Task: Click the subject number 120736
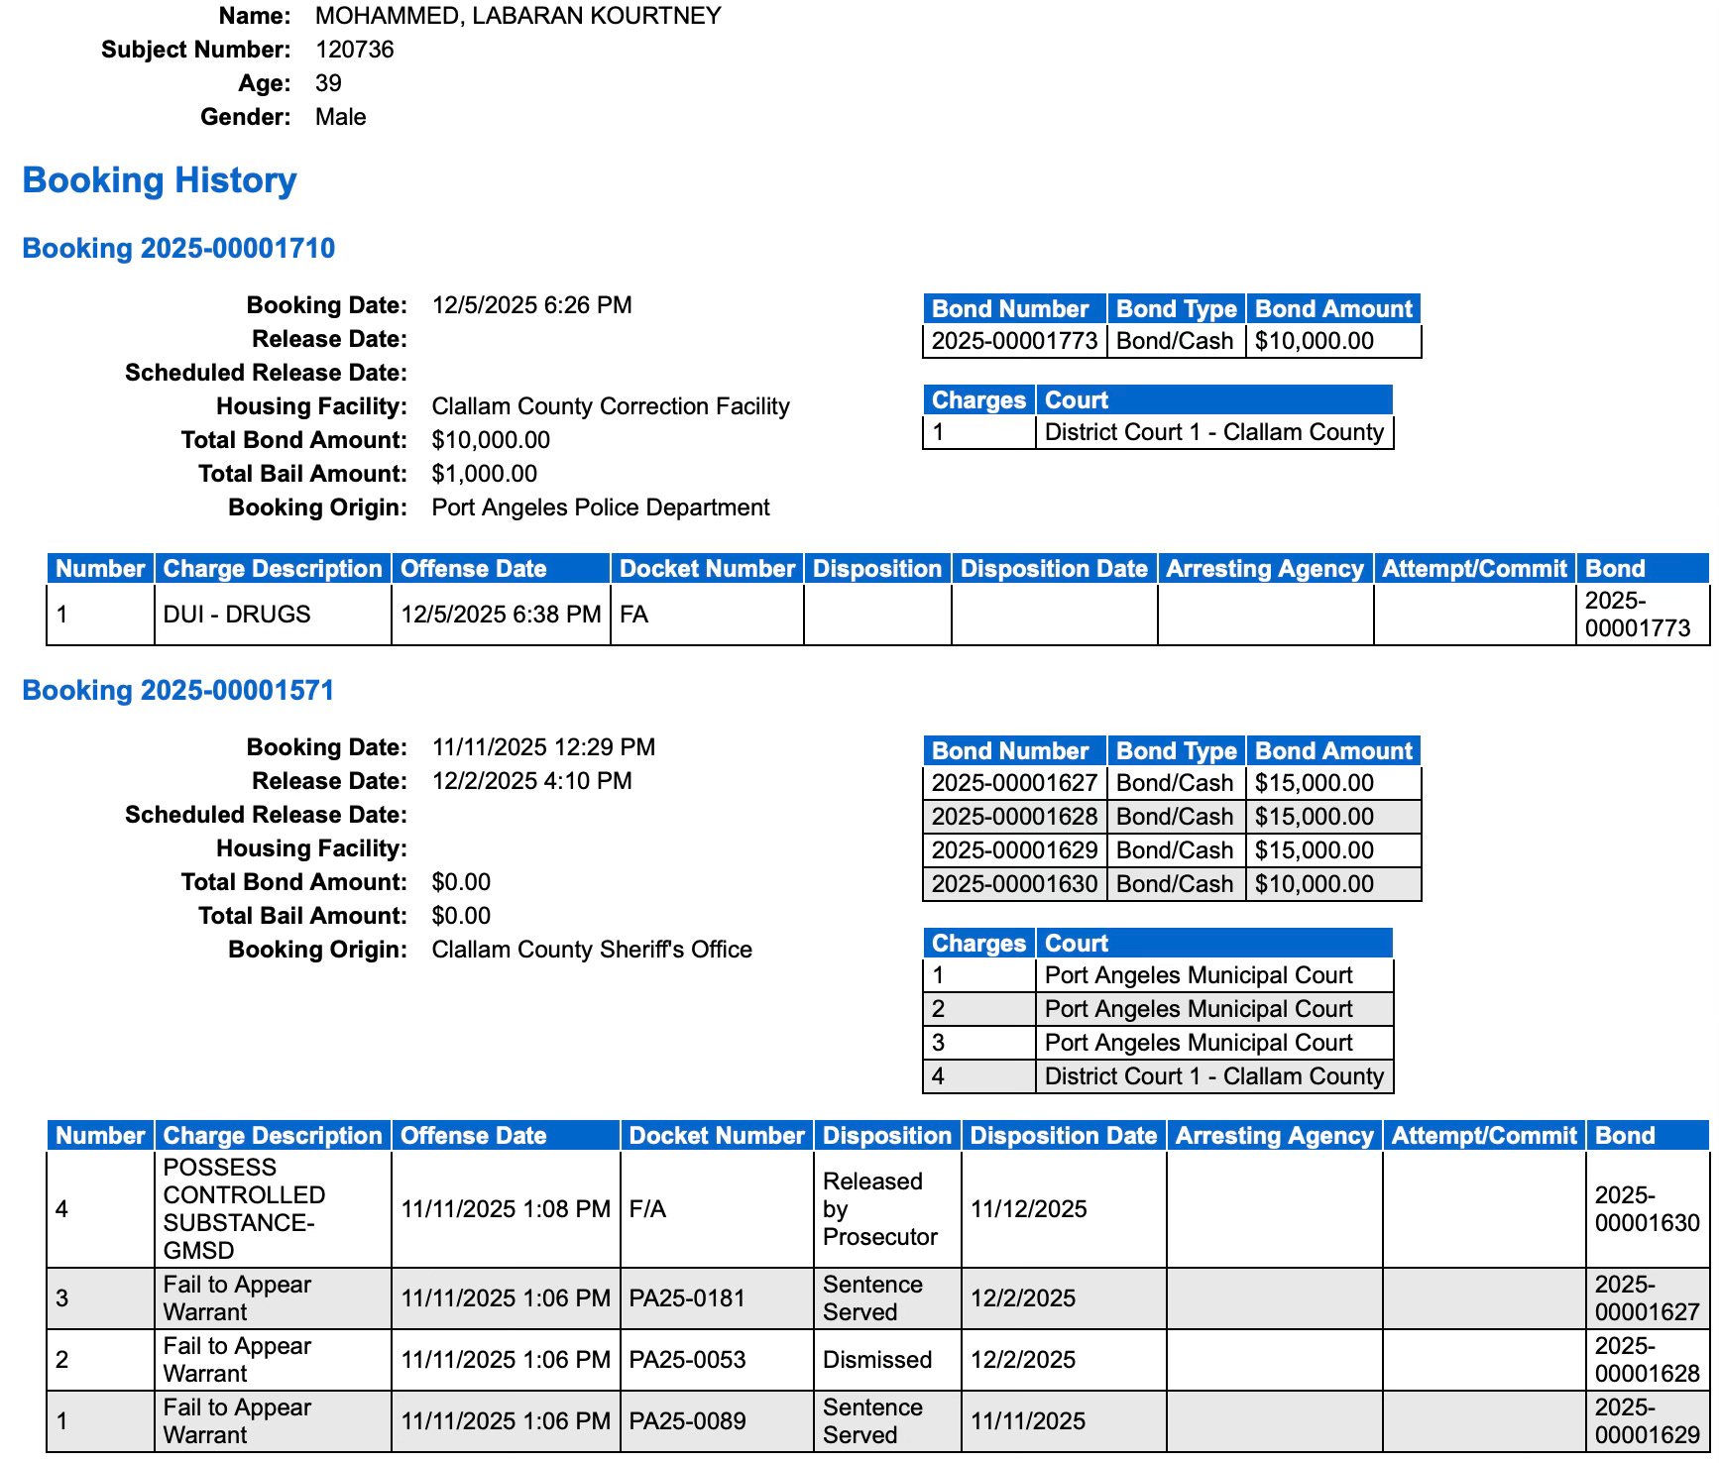click(x=354, y=50)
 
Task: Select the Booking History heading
click(x=160, y=180)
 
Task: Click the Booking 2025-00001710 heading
click(x=178, y=248)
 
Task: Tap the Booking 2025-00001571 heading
click(x=178, y=690)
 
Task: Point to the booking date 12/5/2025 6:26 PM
click(x=531, y=305)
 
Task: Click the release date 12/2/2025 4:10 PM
click(x=531, y=781)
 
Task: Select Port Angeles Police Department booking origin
click(x=601, y=507)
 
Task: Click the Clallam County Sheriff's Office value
click(x=592, y=950)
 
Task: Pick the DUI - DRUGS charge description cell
click(x=237, y=615)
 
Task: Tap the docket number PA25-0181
click(x=687, y=1298)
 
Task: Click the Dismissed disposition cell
click(x=877, y=1360)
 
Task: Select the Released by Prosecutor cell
click(x=879, y=1209)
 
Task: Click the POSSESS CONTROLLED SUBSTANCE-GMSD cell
click(x=244, y=1209)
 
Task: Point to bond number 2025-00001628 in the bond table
click(x=1014, y=817)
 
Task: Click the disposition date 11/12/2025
click(x=1029, y=1209)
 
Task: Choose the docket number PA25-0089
click(x=687, y=1421)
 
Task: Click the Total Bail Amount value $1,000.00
click(x=485, y=474)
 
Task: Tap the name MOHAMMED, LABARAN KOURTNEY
click(x=518, y=16)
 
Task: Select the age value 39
click(x=328, y=83)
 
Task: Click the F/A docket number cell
click(x=648, y=1209)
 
